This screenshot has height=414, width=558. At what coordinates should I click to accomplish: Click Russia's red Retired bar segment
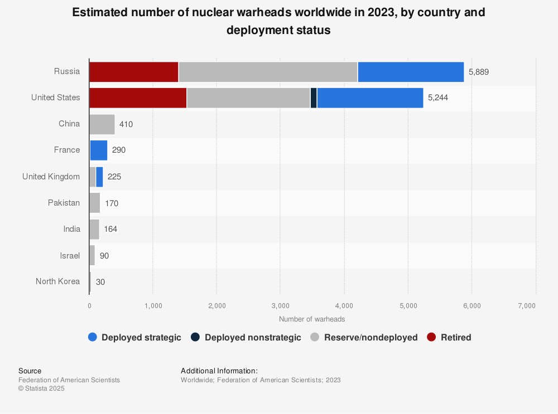133,72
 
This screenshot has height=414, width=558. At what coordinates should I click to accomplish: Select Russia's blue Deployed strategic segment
411,72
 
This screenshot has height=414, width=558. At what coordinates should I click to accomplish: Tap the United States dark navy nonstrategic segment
314,98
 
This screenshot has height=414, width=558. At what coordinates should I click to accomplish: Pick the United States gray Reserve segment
248,98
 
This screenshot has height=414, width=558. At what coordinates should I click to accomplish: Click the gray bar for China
102,124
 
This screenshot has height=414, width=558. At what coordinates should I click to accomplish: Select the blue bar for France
98,150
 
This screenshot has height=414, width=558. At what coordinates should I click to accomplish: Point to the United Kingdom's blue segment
99,177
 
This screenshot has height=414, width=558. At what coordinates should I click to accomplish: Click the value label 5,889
479,72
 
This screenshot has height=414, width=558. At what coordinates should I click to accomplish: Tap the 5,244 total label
438,98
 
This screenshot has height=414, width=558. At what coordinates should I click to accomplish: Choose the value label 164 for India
110,229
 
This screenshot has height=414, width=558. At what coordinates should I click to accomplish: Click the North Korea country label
57,281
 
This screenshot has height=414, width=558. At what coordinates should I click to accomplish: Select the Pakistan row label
64,203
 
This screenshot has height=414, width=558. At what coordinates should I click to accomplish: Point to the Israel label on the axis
70,255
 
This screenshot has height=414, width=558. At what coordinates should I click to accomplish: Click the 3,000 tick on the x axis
280,305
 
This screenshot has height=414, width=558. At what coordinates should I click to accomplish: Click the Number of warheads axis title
312,319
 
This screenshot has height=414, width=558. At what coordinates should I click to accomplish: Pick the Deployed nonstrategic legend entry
253,337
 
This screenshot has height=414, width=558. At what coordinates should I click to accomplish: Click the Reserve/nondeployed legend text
371,337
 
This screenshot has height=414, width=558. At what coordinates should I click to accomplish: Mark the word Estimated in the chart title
104,12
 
